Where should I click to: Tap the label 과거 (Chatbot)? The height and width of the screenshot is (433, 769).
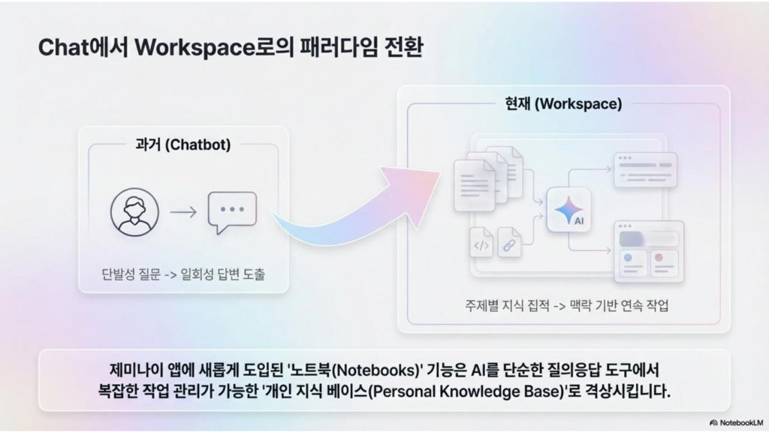[183, 145]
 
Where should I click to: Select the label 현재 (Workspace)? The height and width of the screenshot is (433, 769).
[563, 104]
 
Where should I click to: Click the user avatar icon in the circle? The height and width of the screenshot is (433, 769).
[134, 212]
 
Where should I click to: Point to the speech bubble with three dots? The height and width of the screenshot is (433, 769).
[233, 212]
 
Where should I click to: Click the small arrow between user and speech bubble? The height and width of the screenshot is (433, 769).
[183, 212]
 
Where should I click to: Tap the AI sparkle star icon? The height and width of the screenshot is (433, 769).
[568, 210]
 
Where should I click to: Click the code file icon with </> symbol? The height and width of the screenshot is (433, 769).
[481, 241]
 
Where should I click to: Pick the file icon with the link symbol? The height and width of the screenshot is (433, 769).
[510, 242]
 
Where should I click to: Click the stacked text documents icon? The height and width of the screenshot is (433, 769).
[487, 179]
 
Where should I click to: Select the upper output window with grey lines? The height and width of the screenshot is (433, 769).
[645, 170]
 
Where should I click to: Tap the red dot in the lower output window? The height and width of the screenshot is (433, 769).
[659, 257]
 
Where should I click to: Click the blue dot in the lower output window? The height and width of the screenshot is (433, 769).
[628, 257]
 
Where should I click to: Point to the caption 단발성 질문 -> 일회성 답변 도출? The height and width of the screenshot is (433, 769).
[183, 274]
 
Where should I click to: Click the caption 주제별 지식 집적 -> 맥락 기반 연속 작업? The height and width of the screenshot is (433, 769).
[566, 306]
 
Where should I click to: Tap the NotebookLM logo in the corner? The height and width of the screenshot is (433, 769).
[736, 422]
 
